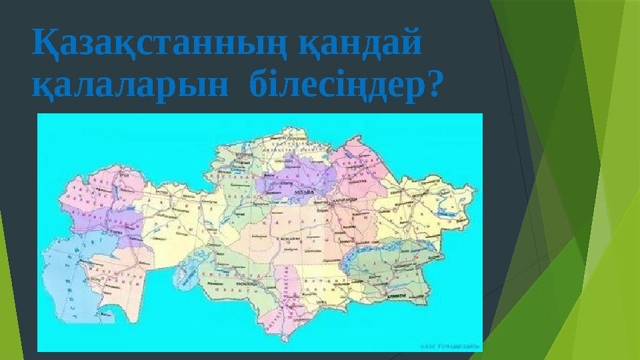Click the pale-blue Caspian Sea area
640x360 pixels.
63,273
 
